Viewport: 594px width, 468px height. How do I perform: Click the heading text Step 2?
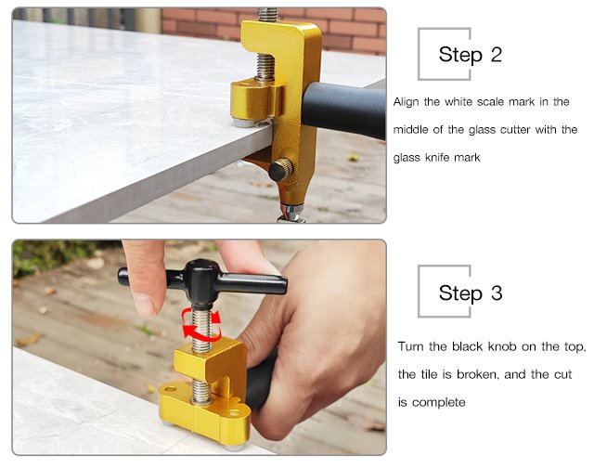coord(471,55)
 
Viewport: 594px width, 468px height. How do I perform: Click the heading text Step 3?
coord(471,292)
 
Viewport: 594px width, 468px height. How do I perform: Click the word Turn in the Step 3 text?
coord(410,346)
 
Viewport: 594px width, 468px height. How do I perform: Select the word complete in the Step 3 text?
coord(439,402)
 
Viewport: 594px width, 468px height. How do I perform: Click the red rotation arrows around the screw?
coord(201,324)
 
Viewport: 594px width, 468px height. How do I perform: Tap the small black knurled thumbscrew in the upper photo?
coord(280,169)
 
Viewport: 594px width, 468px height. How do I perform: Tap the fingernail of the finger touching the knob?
coord(145,305)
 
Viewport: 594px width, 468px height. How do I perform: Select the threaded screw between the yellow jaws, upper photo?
coord(265,67)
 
